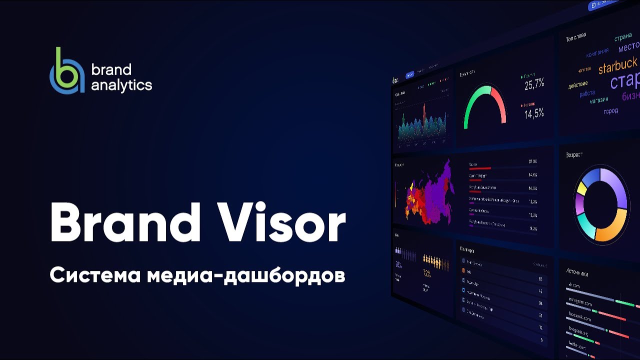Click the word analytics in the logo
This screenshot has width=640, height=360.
[x=121, y=85]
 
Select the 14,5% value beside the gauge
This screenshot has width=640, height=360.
[x=534, y=113]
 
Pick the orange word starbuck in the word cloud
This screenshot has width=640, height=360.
[x=617, y=65]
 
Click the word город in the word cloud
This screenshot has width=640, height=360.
[x=610, y=111]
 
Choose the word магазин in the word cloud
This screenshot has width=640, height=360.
[x=598, y=100]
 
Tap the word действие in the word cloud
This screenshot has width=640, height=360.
[x=577, y=85]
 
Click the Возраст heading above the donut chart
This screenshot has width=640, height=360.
[x=574, y=155]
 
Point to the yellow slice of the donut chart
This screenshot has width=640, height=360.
[x=581, y=189]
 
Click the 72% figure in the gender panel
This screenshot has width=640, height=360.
[x=427, y=273]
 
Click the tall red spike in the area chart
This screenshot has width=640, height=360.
[x=424, y=112]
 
